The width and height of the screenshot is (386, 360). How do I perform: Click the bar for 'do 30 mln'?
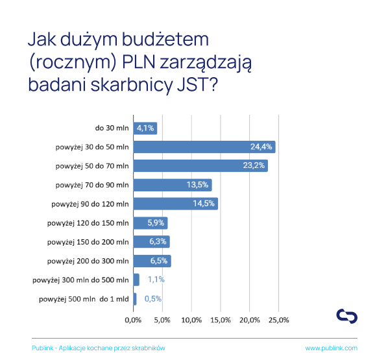pyautogui.click(x=145, y=128)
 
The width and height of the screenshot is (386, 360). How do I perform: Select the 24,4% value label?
pyautogui.click(x=261, y=147)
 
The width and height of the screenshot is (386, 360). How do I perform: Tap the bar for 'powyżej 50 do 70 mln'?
pyautogui.click(x=200, y=165)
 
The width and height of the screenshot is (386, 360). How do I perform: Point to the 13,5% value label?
pyautogui.click(x=197, y=185)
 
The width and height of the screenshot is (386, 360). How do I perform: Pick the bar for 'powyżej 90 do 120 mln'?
pyautogui.click(x=176, y=204)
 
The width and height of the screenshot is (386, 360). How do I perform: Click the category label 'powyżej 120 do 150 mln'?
pyautogui.click(x=88, y=223)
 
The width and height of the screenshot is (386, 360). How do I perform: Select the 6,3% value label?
pyautogui.click(x=158, y=241)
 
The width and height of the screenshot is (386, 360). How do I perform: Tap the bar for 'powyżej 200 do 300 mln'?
pyautogui.click(x=152, y=261)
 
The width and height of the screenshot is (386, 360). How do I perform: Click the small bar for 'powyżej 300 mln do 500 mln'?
pyautogui.click(x=136, y=280)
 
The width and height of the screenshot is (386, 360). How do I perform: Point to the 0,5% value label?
pyautogui.click(x=153, y=299)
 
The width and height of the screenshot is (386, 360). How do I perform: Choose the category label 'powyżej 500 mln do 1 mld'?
pyautogui.click(x=84, y=299)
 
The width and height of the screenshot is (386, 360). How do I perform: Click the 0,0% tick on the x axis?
pyautogui.click(x=133, y=320)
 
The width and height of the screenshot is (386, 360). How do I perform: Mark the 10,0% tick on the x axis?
pyautogui.click(x=191, y=320)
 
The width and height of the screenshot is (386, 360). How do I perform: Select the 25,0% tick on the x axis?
pyautogui.click(x=279, y=320)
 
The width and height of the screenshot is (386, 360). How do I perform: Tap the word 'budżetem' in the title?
pyautogui.click(x=165, y=40)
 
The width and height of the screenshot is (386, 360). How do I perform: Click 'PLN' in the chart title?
pyautogui.click(x=139, y=62)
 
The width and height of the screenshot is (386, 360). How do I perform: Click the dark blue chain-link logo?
pyautogui.click(x=347, y=316)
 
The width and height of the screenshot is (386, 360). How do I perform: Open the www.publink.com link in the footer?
pyautogui.click(x=332, y=348)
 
